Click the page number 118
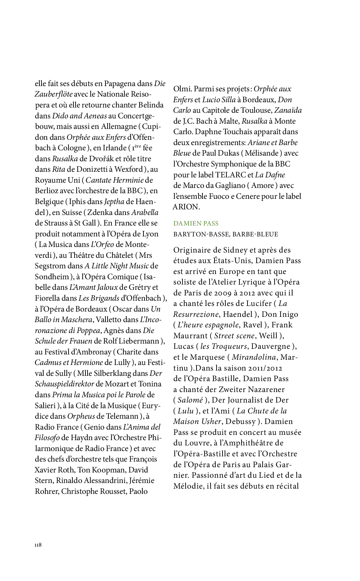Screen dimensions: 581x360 38,545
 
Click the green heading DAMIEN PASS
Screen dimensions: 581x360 196,223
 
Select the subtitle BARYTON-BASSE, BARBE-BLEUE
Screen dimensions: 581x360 225,234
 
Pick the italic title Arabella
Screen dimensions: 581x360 144,213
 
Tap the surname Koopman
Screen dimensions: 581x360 109,470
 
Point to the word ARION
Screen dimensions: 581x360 186,207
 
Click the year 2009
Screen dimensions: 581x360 219,293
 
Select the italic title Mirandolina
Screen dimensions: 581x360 253,357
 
